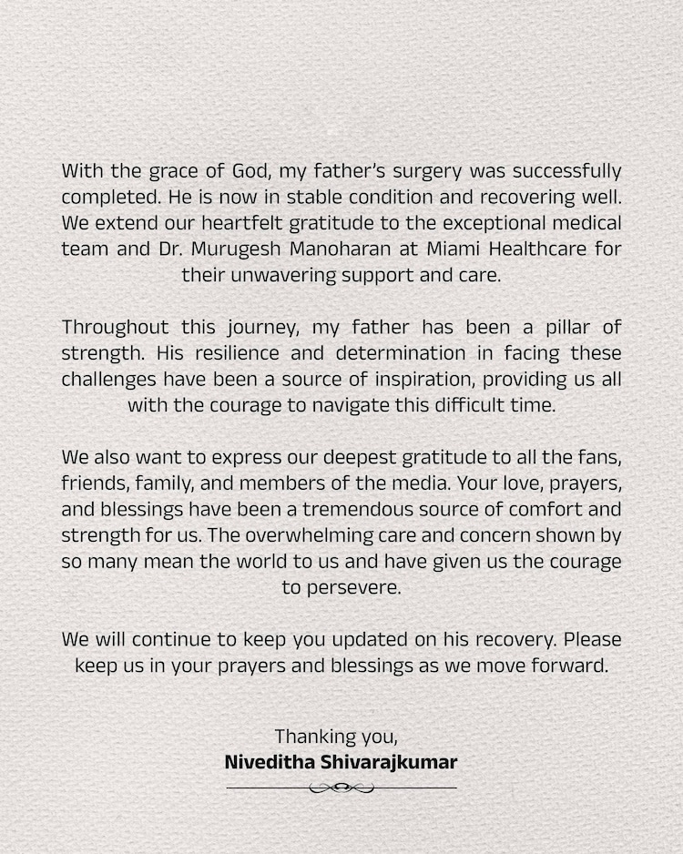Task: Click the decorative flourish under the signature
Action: pos(341,788)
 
